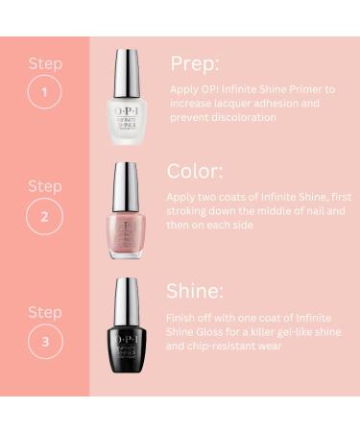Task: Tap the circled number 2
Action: tap(46, 216)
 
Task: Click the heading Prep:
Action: tap(195, 63)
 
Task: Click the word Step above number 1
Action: tap(45, 64)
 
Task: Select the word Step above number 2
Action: tap(45, 185)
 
